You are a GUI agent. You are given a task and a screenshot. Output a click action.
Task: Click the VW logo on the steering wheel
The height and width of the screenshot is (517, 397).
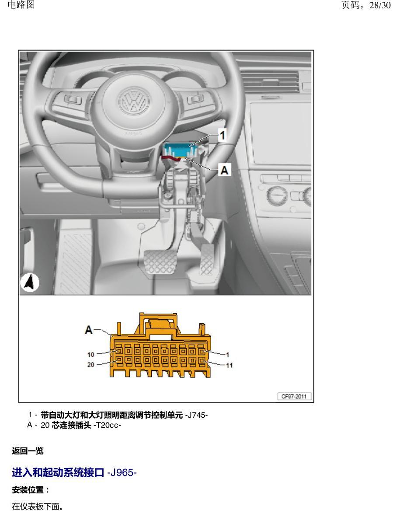click(x=134, y=100)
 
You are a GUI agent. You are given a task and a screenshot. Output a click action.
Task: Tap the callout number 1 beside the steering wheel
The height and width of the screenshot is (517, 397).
click(x=223, y=135)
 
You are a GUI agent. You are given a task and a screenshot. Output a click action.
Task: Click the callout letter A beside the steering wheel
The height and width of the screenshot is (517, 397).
click(x=224, y=170)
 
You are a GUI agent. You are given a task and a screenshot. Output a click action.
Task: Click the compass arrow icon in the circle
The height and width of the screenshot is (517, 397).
click(x=30, y=283)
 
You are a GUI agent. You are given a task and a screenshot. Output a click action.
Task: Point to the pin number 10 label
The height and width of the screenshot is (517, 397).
click(x=91, y=354)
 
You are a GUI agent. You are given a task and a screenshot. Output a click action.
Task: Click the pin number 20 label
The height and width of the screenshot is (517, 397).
click(x=91, y=365)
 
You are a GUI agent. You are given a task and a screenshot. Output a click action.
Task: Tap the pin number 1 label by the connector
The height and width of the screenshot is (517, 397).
click(x=227, y=355)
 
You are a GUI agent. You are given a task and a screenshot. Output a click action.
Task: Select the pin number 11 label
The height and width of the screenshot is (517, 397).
click(x=229, y=365)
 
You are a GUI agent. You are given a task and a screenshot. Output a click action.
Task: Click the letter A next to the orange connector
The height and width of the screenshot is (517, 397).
click(x=89, y=329)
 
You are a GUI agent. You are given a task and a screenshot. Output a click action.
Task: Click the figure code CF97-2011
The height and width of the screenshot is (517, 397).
click(x=294, y=396)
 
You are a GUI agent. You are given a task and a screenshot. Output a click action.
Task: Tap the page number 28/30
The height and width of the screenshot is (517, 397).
click(x=380, y=5)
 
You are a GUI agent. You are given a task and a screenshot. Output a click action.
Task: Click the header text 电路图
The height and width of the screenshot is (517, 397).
click(x=21, y=5)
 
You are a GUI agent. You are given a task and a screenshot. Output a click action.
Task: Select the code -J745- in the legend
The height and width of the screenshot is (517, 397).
click(x=196, y=415)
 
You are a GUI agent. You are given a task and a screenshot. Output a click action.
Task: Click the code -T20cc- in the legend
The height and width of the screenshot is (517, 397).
click(x=108, y=425)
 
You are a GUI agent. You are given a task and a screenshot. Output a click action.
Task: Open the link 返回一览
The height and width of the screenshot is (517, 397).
click(x=28, y=451)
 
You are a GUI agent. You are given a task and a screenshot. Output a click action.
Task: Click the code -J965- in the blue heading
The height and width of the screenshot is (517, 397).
click(x=122, y=472)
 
